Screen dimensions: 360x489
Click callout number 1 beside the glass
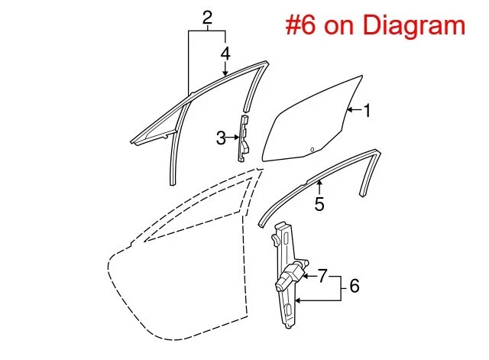(x=367, y=111)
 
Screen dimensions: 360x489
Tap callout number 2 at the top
(x=207, y=16)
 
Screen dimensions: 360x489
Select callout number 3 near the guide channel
(x=220, y=138)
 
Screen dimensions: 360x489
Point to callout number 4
(x=225, y=53)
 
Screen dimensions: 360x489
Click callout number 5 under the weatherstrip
(x=319, y=204)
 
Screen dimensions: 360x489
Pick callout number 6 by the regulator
(x=354, y=287)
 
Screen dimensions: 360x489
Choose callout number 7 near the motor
(x=322, y=274)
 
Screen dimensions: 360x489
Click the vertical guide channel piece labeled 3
(x=244, y=138)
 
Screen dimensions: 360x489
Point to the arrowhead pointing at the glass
(x=348, y=111)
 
